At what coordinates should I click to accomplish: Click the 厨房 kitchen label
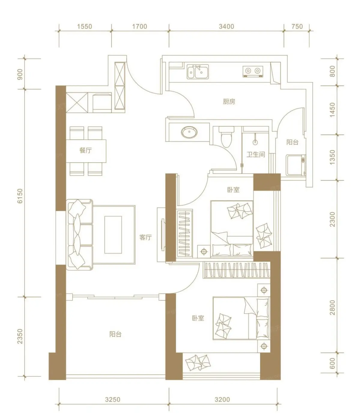click(x=229, y=102)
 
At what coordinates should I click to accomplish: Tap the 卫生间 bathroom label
click(x=256, y=154)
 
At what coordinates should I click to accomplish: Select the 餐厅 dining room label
click(x=86, y=150)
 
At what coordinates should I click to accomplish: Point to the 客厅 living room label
click(x=146, y=237)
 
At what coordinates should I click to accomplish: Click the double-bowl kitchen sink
click(x=198, y=71)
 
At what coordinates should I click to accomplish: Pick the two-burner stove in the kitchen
click(x=253, y=71)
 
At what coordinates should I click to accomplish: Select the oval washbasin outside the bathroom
click(x=189, y=132)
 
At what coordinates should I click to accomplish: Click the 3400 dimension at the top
click(x=226, y=26)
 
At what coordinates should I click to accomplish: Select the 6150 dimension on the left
click(x=20, y=196)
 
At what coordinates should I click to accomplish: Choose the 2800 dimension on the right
click(x=332, y=307)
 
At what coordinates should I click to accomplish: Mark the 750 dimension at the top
click(x=297, y=26)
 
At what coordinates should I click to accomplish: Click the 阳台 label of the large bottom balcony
click(x=115, y=334)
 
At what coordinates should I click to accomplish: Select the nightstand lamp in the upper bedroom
click(x=204, y=252)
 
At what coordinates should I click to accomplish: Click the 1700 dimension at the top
click(x=140, y=26)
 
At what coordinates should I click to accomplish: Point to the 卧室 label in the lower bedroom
click(x=198, y=318)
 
